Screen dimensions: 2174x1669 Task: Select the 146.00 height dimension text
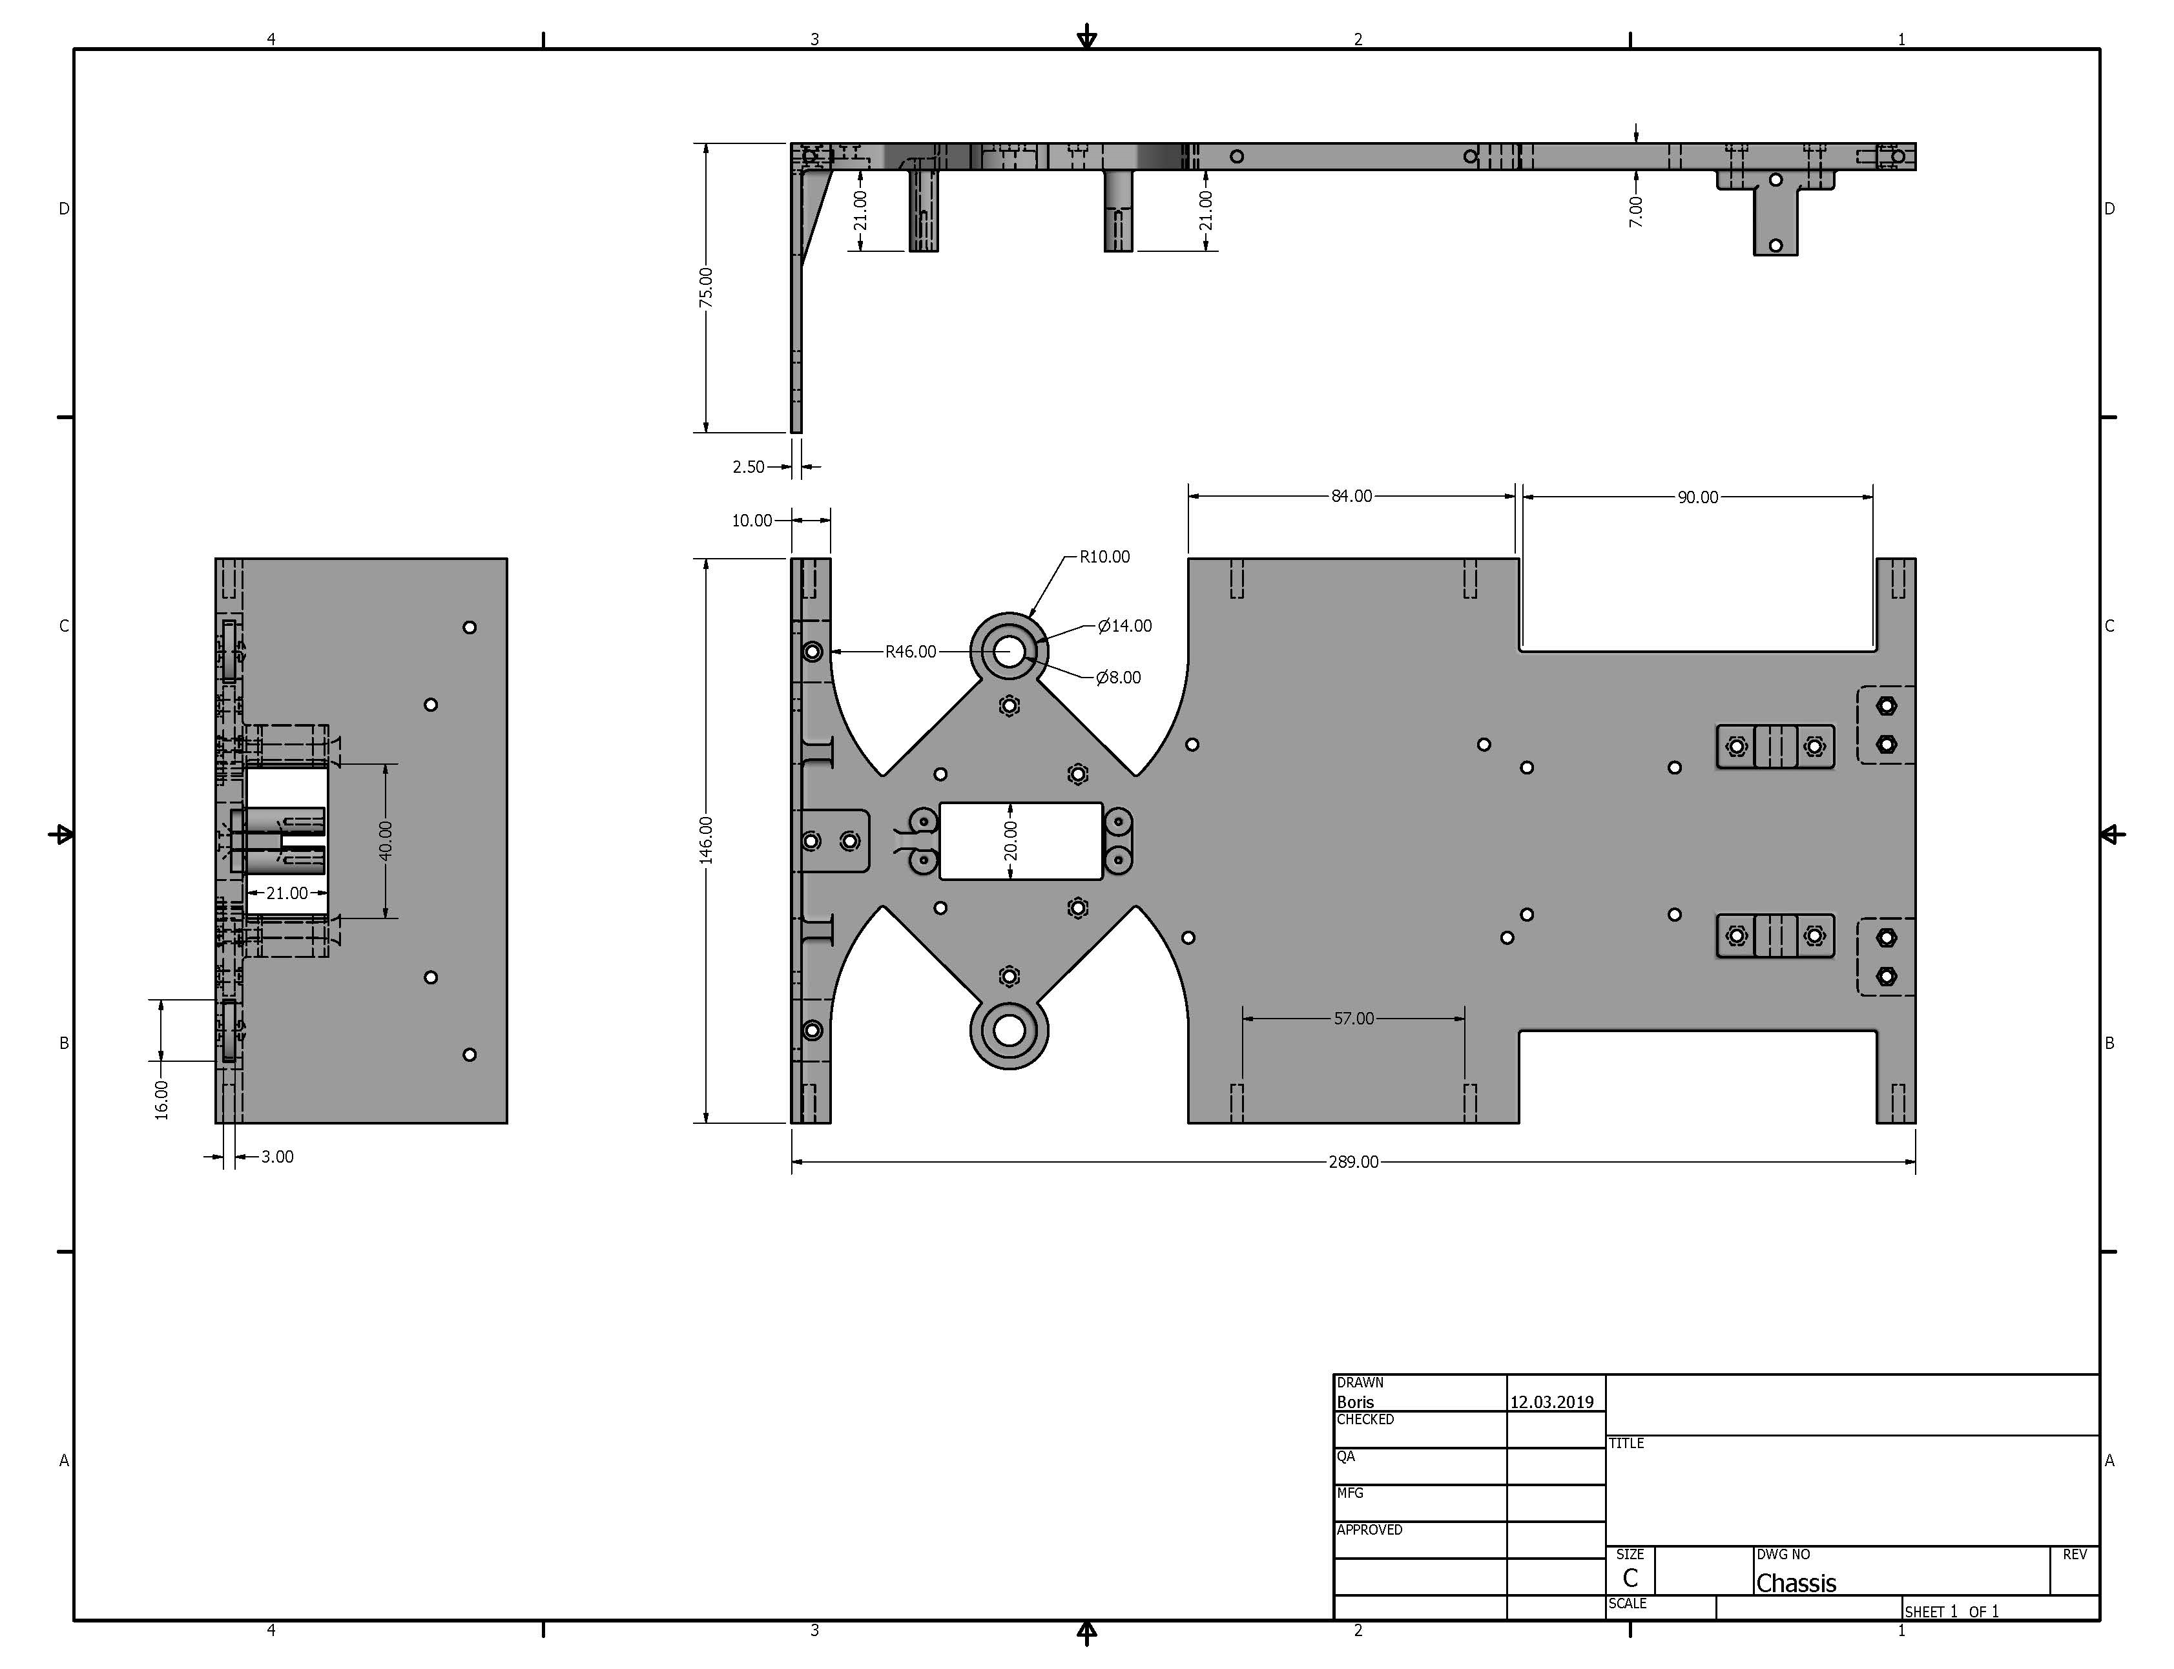point(706,840)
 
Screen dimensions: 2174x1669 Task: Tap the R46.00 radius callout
point(911,652)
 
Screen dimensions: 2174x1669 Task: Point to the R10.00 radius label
point(1104,556)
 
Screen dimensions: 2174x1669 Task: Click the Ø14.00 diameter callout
point(1124,626)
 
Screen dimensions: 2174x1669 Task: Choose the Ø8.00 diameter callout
point(1118,678)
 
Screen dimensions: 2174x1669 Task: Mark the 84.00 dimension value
point(1352,496)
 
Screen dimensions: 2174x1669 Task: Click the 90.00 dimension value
point(1697,497)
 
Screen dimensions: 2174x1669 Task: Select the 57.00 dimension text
point(1354,1019)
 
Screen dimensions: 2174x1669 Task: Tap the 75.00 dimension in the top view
point(705,287)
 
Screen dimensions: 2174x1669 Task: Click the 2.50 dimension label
point(749,467)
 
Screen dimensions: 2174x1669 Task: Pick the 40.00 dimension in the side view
point(386,840)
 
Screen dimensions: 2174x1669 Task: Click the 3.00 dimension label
point(277,1156)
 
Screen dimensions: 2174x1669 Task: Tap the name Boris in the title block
point(1356,1402)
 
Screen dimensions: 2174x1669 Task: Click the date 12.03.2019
point(1551,1402)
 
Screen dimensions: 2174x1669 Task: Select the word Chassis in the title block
point(1796,1582)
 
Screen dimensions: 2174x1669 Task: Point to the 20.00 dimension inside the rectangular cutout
point(1011,840)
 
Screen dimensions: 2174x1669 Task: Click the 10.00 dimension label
point(752,521)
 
